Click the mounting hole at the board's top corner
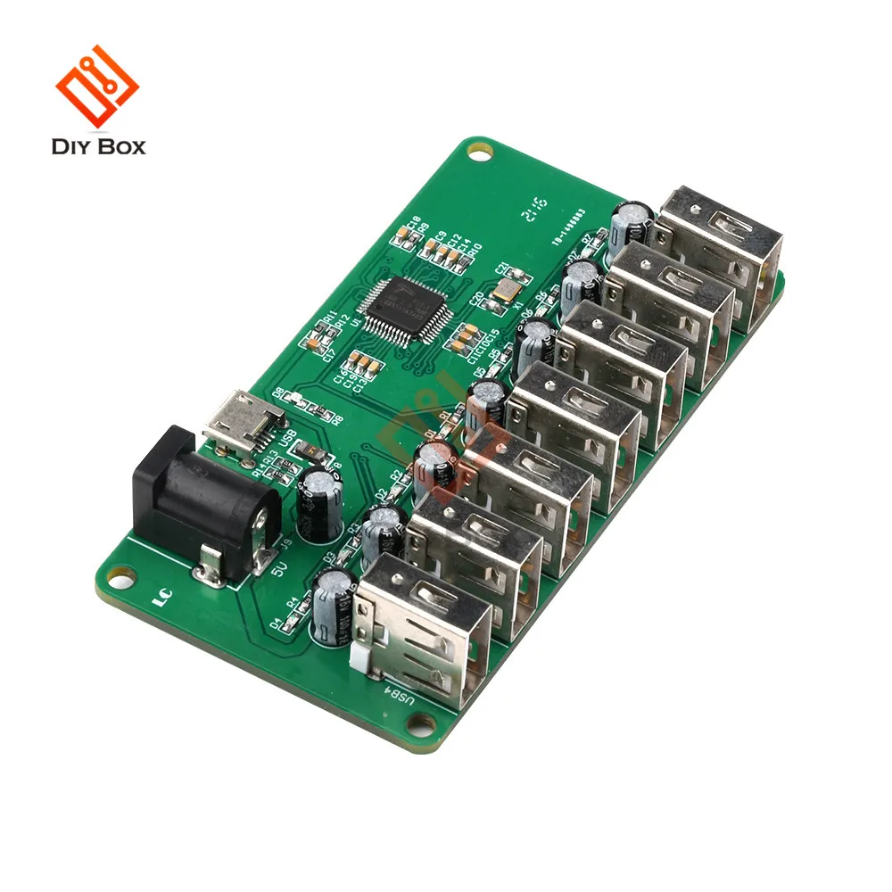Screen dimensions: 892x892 pyautogui.click(x=481, y=153)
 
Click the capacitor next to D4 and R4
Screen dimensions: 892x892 pyautogui.click(x=333, y=608)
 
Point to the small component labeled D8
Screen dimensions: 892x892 pyautogui.click(x=288, y=398)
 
